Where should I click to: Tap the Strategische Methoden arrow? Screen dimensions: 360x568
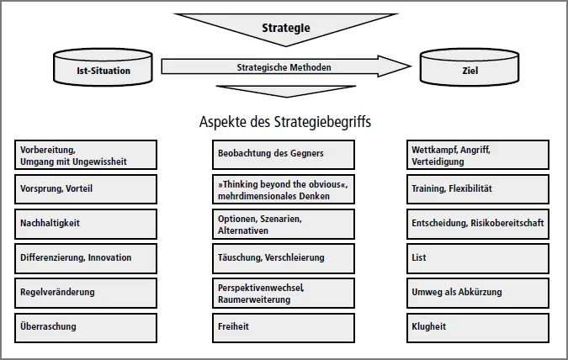(x=284, y=67)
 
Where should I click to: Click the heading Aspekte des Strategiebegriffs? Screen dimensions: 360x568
(x=284, y=121)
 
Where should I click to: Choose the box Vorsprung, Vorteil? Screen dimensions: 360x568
(x=86, y=189)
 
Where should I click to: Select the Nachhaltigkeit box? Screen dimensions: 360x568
(x=86, y=224)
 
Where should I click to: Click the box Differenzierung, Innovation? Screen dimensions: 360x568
(x=86, y=258)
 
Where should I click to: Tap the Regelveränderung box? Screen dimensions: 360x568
(x=86, y=293)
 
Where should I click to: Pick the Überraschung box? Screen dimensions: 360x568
(x=86, y=326)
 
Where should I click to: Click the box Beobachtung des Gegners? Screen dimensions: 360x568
(x=283, y=155)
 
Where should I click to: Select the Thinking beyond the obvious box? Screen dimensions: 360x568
(x=283, y=189)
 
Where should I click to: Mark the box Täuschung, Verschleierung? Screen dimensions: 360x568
(x=283, y=258)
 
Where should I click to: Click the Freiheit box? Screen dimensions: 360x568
(x=283, y=326)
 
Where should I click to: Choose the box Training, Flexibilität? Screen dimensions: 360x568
(x=477, y=189)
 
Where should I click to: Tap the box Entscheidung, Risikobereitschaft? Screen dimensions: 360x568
(x=477, y=224)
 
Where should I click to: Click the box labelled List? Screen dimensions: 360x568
(x=477, y=258)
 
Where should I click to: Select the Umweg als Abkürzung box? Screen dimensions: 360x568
(x=477, y=293)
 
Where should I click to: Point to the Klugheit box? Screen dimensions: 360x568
(x=477, y=326)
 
